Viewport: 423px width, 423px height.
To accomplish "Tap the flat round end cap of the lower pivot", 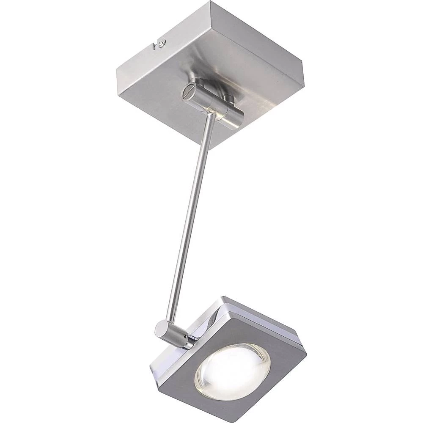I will pyautogui.click(x=161, y=328).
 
